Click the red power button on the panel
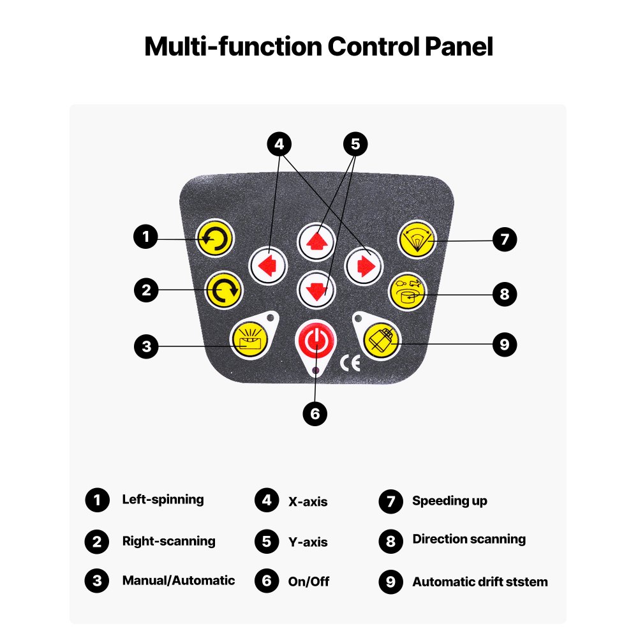(x=313, y=341)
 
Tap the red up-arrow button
(x=316, y=241)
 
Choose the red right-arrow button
(x=364, y=265)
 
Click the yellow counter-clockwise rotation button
(x=216, y=239)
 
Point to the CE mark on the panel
(x=350, y=363)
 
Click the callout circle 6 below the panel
(x=315, y=413)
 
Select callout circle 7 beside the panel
(x=504, y=240)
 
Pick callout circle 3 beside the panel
(x=146, y=346)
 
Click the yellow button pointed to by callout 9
(x=381, y=338)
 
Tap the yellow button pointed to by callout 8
(x=408, y=292)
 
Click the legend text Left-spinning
(x=163, y=500)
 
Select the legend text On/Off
(x=309, y=582)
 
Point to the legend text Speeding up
(x=449, y=501)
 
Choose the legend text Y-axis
(x=308, y=542)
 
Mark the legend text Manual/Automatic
(x=178, y=581)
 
